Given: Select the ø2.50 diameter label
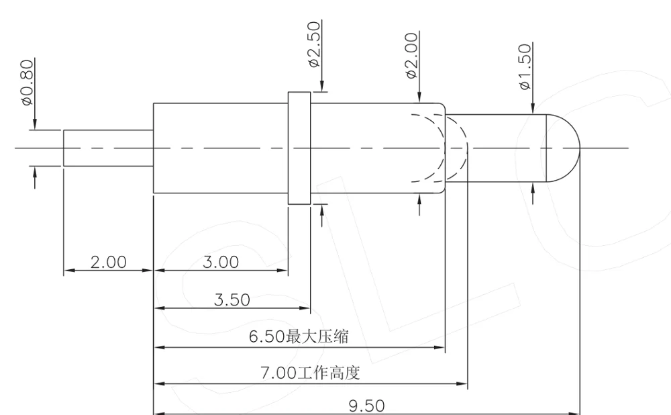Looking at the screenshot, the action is pos(313,44).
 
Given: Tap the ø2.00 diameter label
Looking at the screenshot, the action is pos(411,56).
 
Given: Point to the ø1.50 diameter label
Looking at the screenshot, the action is pos(524,66).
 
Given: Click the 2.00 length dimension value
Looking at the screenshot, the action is pos(108,262).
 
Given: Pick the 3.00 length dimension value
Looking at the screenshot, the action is pos(221,262).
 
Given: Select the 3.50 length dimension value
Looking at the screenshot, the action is pos(232,300).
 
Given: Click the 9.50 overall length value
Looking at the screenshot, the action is pos(366,406).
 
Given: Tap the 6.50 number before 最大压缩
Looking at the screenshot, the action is pos(267,337).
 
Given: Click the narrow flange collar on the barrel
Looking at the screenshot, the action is pos(299,148).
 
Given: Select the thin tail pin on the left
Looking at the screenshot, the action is pos(107,148).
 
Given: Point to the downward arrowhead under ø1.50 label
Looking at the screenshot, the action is pos(533,109).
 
